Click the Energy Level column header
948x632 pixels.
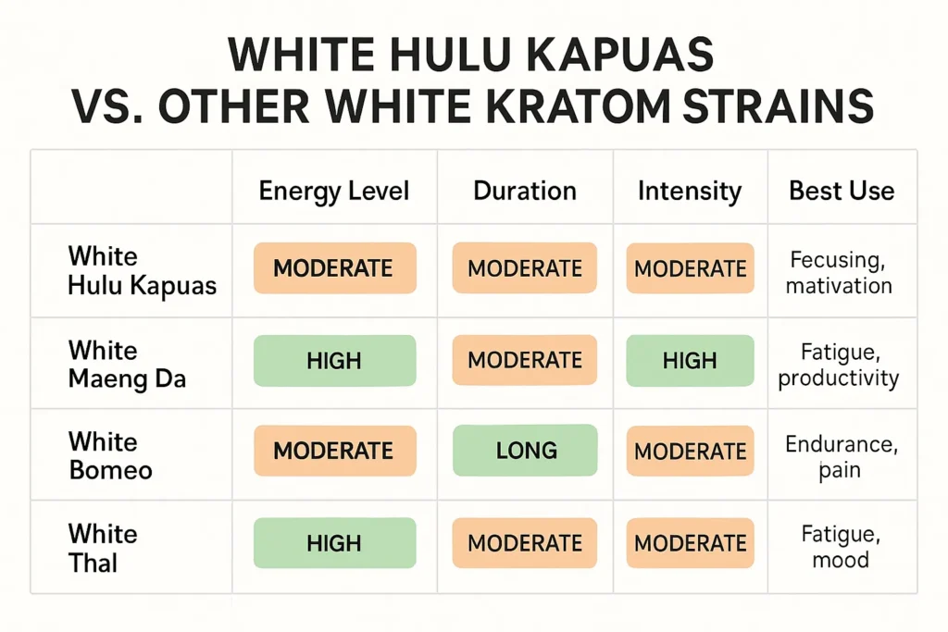point(333,192)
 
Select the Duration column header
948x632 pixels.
point(525,192)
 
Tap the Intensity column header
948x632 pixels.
point(690,192)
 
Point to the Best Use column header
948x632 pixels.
point(842,192)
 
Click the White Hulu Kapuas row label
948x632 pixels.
point(142,270)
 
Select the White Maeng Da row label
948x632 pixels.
point(127,364)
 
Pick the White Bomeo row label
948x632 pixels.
point(110,455)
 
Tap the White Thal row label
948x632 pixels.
point(103,548)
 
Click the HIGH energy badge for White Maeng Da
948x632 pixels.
point(334,361)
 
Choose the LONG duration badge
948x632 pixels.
point(526,451)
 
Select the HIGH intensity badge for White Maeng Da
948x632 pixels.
point(690,361)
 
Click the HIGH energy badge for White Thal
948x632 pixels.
point(334,543)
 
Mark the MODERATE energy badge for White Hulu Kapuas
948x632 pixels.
point(334,268)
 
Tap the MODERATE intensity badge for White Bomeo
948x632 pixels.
point(690,452)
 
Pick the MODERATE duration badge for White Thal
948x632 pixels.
point(525,543)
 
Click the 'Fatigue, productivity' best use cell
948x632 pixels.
point(839,364)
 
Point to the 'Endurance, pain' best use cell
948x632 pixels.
point(841,456)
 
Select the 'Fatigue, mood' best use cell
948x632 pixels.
point(840,547)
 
